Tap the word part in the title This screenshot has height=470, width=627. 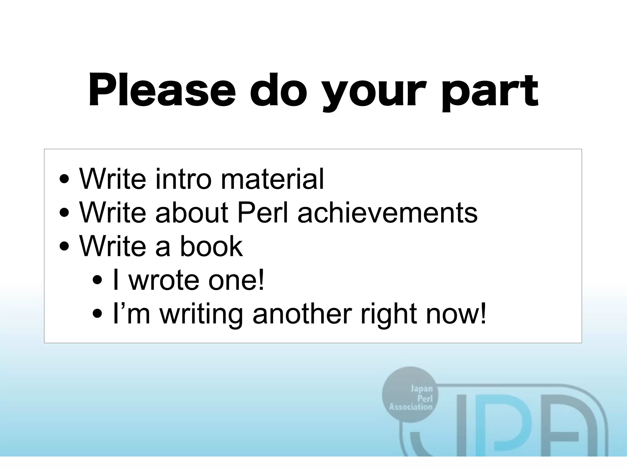[489, 92]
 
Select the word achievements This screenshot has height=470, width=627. [387, 212]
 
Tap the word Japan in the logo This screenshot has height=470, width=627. [422, 389]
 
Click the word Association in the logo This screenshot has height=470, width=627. [411, 407]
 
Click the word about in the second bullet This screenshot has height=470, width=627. [192, 212]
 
